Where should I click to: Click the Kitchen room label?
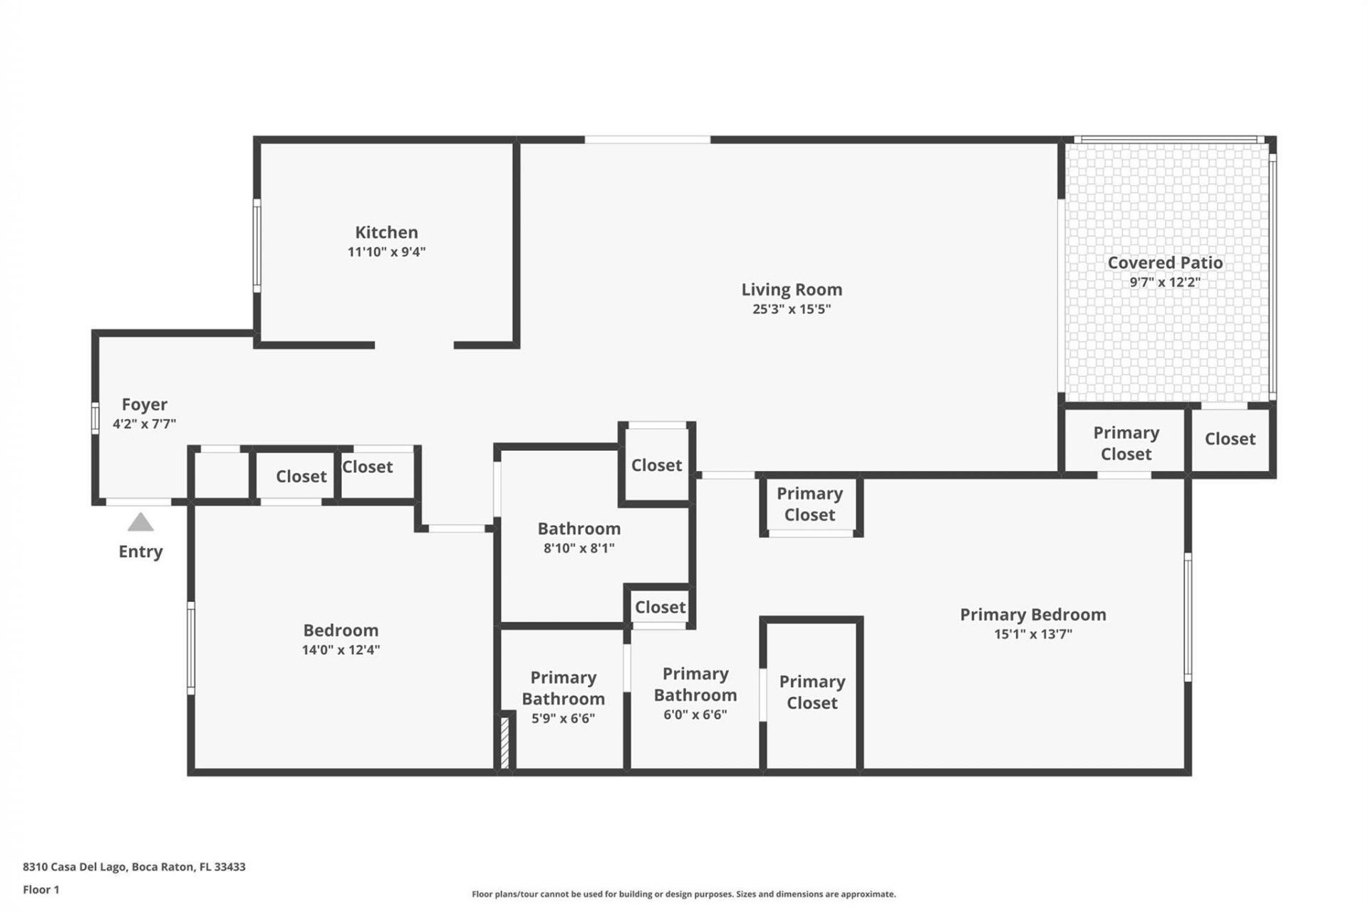tap(386, 232)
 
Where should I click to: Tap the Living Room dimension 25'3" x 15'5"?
tap(791, 309)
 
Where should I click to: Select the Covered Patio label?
tap(1164, 262)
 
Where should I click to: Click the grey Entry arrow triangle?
tap(140, 523)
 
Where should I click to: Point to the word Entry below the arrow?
tap(140, 551)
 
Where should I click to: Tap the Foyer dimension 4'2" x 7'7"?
tap(144, 424)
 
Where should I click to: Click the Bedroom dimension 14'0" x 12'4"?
tap(341, 650)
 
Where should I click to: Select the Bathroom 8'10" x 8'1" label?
tap(579, 529)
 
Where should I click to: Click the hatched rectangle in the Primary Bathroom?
tap(504, 742)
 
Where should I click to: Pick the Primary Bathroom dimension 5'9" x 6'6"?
tap(563, 718)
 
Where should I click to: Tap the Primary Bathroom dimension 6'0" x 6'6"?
tap(695, 715)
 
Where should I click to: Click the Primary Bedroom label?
tap(1032, 614)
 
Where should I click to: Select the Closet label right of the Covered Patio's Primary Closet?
tap(1230, 439)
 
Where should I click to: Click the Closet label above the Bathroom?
tap(656, 465)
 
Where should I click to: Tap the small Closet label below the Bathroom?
tap(660, 607)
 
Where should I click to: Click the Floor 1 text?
tap(41, 889)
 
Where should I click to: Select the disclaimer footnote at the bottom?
tap(683, 894)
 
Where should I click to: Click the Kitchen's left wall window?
tap(257, 245)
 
